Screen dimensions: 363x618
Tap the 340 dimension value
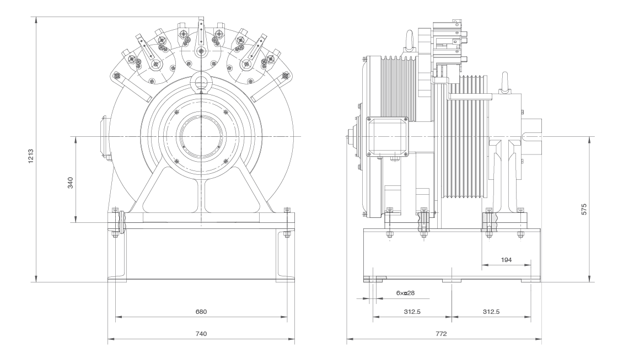point(70,183)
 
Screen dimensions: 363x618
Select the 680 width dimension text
point(201,312)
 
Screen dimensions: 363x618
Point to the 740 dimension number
point(201,334)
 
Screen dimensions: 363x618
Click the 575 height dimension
point(584,209)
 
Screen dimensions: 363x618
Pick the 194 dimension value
point(506,259)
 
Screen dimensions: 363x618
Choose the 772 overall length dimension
point(441,334)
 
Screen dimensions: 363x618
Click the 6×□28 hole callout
point(405,293)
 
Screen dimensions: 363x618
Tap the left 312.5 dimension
point(412,312)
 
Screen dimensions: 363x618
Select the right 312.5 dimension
point(491,312)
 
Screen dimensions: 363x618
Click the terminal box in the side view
point(386,136)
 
